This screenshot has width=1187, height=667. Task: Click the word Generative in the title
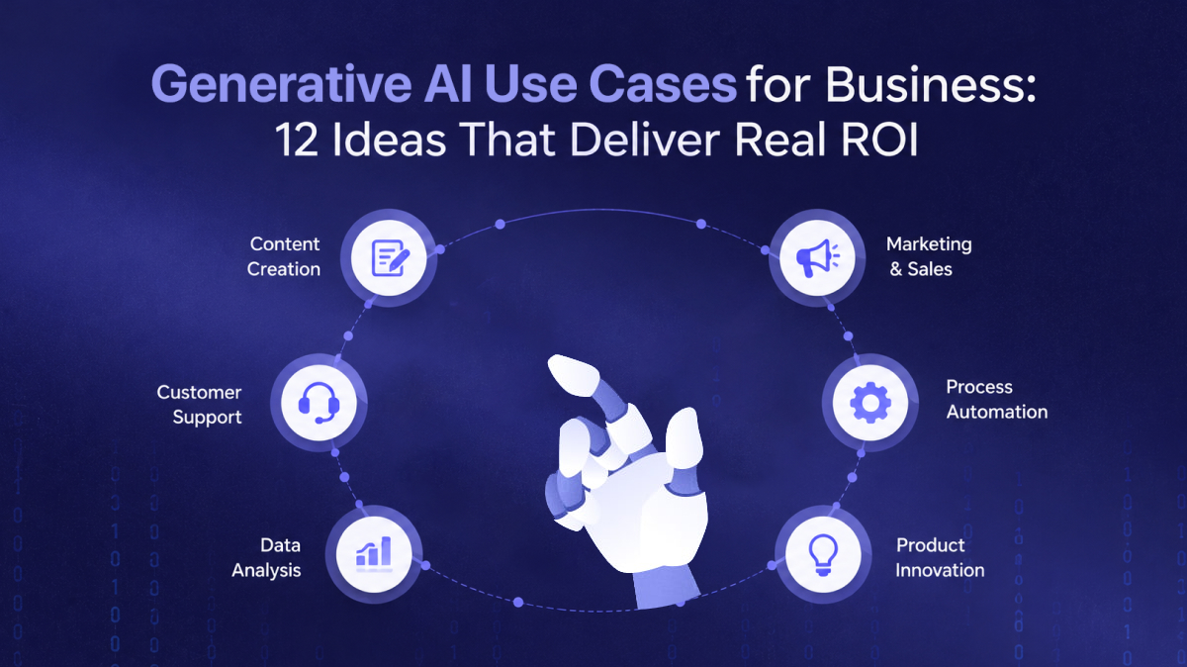coord(281,85)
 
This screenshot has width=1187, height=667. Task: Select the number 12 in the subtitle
coord(297,140)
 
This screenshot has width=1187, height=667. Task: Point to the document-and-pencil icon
coord(390,257)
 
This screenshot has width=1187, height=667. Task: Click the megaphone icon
coord(818,257)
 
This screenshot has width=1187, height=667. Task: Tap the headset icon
coord(319,403)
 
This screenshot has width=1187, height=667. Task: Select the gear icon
coord(870,403)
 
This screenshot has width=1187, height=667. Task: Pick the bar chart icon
coord(374,553)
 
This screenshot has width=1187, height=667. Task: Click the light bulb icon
coord(823,554)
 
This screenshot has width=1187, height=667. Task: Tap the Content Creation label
coord(284,256)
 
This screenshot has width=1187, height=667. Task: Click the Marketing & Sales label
coord(929,256)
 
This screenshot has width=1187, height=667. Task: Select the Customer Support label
coord(199,405)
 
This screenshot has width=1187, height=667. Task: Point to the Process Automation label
coord(997,399)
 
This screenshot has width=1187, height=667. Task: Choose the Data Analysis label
coord(266,558)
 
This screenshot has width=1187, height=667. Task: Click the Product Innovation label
coord(940,558)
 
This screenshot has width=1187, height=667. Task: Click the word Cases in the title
coord(663,85)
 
